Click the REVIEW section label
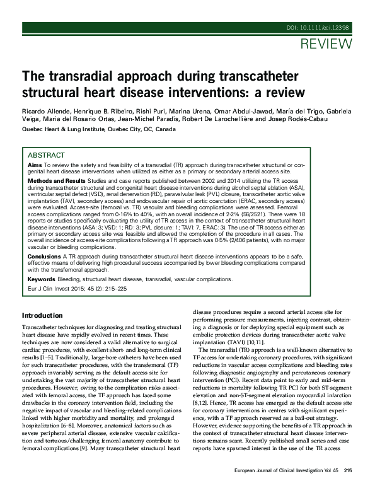coord(326,44)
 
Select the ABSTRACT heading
coord(47,155)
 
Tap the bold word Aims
coord(35,164)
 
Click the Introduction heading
coord(42,315)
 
